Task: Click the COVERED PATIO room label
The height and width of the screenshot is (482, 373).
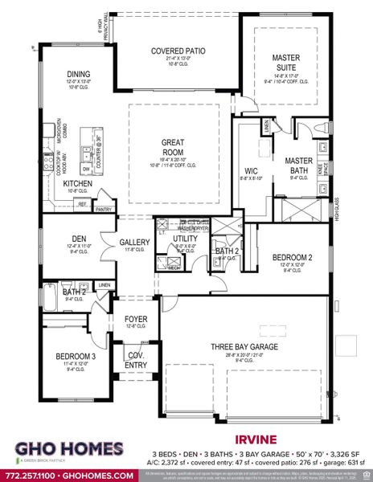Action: pos(178,51)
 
